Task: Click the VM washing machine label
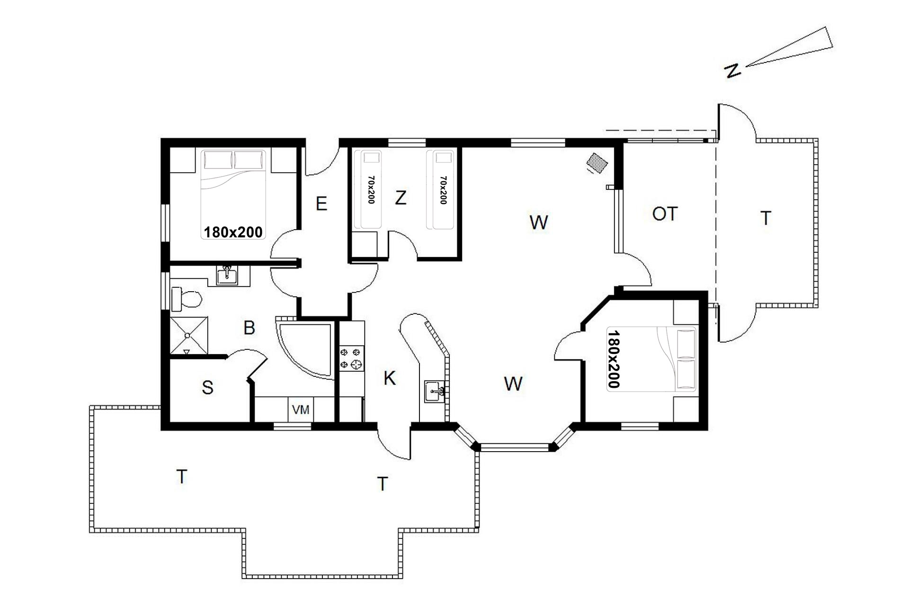[301, 410]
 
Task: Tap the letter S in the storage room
[208, 387]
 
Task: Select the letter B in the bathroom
[249, 328]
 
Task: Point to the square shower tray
[189, 336]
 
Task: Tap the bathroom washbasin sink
[228, 275]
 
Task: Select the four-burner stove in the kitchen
[351, 358]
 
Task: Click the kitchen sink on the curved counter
[435, 391]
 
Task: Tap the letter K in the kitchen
[389, 378]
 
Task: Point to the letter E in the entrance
[321, 204]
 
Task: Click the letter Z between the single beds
[401, 197]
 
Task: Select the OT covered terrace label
[665, 214]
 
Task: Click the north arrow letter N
[732, 71]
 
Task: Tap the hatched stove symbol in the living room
[597, 162]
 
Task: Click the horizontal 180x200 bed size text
[233, 232]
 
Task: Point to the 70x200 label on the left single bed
[371, 190]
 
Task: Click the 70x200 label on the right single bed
[443, 190]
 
